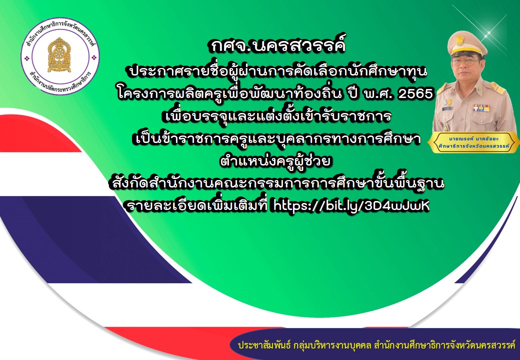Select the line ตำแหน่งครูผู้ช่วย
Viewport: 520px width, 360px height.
[276, 161]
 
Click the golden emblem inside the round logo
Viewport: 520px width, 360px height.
[59, 54]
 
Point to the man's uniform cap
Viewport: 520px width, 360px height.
[466, 43]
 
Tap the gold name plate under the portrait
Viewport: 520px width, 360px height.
[473, 142]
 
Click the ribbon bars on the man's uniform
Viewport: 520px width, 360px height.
[481, 107]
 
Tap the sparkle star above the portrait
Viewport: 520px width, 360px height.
[487, 33]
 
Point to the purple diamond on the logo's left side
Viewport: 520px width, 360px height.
[27, 58]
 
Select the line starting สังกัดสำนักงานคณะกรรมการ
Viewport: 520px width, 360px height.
[276, 183]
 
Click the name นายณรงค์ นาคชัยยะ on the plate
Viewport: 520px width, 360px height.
[473, 138]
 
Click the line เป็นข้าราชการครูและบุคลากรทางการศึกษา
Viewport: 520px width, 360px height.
[276, 138]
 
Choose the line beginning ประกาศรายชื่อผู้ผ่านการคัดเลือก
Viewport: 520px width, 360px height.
[277, 71]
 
